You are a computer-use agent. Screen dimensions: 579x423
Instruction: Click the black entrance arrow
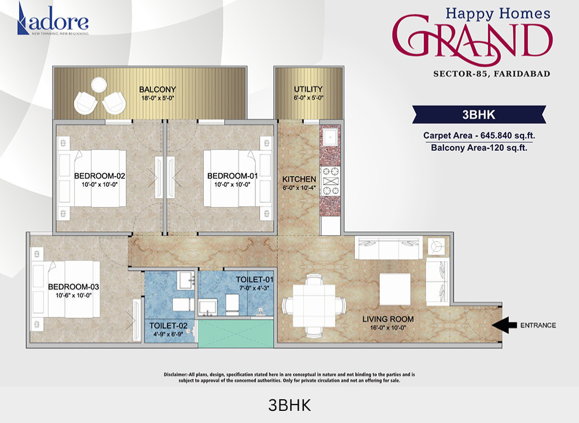(504, 325)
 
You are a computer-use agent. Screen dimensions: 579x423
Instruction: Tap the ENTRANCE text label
(538, 326)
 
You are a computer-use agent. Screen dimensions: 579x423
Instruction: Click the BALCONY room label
(157, 89)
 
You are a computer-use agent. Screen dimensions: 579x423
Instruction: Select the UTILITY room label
(308, 89)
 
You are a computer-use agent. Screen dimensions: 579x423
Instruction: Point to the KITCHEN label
(299, 179)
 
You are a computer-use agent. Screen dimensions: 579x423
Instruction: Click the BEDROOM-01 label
(232, 176)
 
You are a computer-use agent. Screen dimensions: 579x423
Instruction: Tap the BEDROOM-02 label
(100, 176)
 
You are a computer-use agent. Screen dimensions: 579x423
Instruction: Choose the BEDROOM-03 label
(74, 287)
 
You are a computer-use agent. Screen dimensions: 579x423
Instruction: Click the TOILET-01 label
(254, 280)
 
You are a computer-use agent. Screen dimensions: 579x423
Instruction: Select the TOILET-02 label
(168, 326)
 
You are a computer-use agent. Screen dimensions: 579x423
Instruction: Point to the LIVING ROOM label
(388, 319)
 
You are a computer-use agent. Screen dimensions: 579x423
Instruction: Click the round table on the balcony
(99, 85)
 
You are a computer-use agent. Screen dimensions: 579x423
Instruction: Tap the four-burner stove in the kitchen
(329, 181)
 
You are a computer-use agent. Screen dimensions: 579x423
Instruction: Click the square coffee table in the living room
(395, 289)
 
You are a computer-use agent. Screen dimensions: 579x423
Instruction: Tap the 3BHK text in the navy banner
(479, 115)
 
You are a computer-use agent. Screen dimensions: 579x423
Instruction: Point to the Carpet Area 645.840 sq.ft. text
(479, 136)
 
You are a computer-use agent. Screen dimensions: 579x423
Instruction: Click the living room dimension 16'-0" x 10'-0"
(388, 328)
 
